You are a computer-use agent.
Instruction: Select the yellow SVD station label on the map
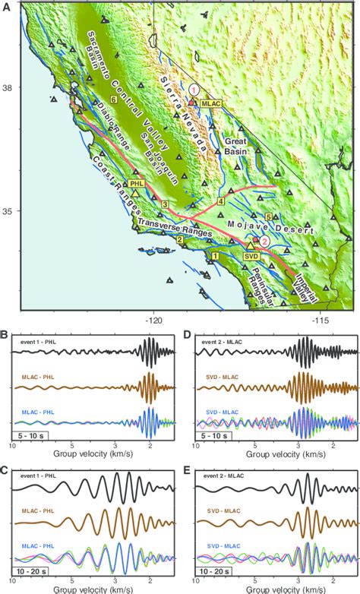click(x=251, y=256)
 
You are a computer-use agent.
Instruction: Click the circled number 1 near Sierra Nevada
click(x=194, y=89)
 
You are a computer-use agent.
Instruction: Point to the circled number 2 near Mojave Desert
click(x=264, y=240)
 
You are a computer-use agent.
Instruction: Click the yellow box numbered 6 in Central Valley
click(x=113, y=100)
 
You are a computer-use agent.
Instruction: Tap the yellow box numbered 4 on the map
click(x=221, y=201)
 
